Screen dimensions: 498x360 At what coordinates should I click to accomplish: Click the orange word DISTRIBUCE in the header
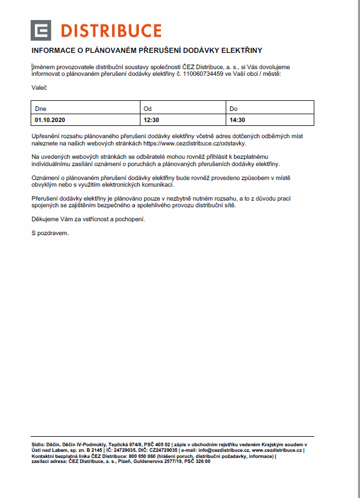111,31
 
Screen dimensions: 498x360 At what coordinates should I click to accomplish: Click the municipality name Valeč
39,87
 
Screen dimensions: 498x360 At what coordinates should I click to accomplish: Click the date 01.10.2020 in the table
50,119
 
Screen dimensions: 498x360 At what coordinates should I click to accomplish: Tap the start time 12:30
152,119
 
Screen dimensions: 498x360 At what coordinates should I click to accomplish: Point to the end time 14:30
237,119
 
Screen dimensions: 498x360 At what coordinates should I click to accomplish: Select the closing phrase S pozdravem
50,233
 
